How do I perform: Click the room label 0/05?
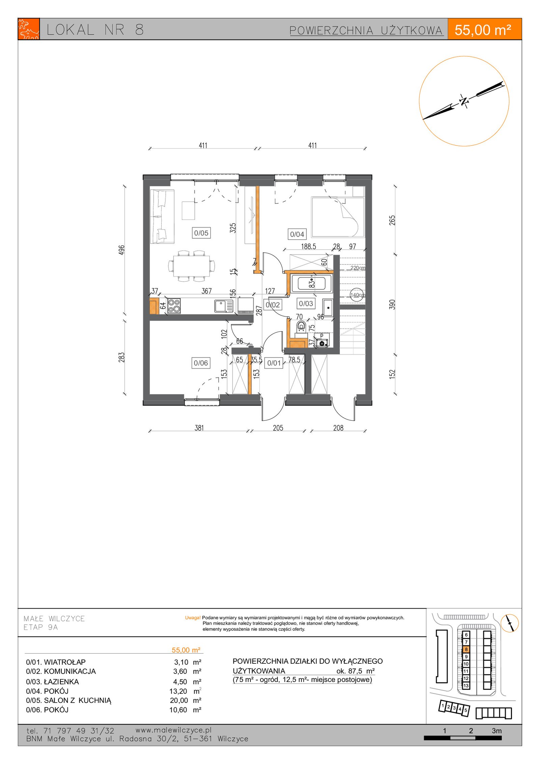coord(201,233)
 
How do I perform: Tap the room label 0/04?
coord(297,234)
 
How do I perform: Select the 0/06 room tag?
coord(201,363)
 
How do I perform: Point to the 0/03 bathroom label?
coord(306,304)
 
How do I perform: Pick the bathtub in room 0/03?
coord(312,283)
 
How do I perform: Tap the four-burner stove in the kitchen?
coord(174,306)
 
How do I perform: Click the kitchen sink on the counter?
coord(224,306)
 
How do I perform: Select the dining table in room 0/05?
coord(191,266)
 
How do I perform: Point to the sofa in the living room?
coord(162,216)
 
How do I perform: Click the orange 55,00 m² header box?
coord(484,29)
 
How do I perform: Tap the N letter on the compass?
coord(464,101)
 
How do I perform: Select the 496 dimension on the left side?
coord(122,250)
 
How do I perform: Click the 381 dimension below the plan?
coord(199,428)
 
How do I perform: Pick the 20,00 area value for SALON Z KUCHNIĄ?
coord(179,701)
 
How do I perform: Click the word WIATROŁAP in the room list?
coord(65,662)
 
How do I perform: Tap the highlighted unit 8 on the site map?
coord(466,649)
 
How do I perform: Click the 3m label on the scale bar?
coord(496,731)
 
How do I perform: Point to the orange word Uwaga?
coord(193,618)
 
